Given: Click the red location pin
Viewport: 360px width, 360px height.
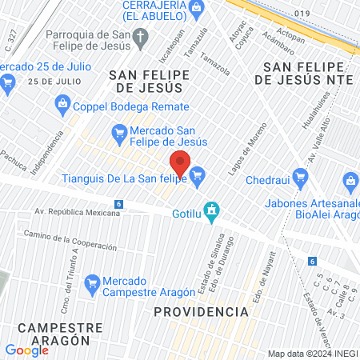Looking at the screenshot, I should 180,164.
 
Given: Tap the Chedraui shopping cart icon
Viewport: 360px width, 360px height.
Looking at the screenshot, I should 300,176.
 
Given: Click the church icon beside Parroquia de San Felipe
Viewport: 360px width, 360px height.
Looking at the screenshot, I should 140,37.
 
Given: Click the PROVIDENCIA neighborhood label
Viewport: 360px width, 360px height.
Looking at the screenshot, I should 201,310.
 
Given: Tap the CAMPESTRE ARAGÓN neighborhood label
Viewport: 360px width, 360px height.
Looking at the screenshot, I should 60,334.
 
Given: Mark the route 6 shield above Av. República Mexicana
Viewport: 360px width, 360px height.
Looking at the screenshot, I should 118,205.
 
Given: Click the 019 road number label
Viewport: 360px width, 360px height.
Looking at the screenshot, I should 301,14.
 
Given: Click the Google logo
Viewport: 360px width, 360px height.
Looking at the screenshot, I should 26,350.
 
